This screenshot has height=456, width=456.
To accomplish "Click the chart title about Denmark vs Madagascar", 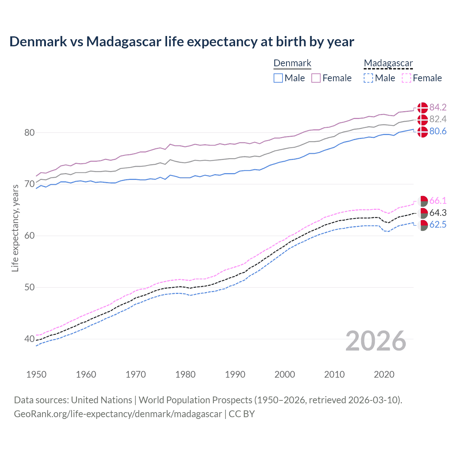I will (x=182, y=42).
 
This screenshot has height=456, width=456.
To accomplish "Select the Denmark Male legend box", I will (x=278, y=78).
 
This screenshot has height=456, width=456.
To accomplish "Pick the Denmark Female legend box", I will (x=316, y=78).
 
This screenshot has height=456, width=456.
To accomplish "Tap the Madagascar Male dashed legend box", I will (x=368, y=78).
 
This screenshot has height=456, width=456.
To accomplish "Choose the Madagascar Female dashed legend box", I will (x=406, y=78).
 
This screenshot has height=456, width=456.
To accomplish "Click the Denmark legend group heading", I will (x=292, y=63).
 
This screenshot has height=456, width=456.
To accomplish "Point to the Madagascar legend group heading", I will (x=388, y=63).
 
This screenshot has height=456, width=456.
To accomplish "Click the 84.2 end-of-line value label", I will (x=438, y=107).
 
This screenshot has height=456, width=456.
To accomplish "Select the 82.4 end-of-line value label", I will (x=438, y=119).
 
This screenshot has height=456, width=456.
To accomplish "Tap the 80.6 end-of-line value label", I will (x=438, y=131).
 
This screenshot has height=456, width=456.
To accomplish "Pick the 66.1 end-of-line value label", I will (x=438, y=201).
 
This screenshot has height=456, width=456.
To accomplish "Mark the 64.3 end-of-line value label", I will (x=438, y=213).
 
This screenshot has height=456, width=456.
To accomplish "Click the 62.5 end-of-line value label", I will (x=438, y=224).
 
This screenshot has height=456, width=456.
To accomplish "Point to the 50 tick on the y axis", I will (x=30, y=287).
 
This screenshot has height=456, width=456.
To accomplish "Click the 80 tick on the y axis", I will (x=30, y=133).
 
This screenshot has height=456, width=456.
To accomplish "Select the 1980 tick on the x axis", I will (x=185, y=374).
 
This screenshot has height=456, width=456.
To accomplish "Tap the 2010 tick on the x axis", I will (x=334, y=374).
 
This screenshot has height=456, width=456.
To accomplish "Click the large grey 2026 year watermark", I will (x=376, y=341).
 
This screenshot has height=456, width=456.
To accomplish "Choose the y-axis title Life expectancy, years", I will (x=15, y=228).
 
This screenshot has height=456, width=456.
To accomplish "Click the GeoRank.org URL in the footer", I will (x=118, y=414).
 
